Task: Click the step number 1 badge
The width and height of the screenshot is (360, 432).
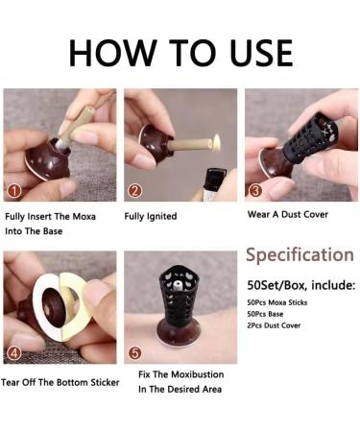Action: [14, 191]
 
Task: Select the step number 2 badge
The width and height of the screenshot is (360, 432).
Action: [134, 191]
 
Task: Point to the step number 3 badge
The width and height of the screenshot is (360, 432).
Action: [255, 191]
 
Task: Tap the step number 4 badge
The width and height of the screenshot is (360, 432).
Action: [14, 353]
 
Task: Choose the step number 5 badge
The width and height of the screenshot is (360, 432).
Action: [134, 353]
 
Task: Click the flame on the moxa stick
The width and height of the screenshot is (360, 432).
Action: [217, 141]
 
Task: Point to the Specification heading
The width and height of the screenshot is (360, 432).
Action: [300, 255]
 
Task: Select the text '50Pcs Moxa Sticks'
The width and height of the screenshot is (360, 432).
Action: [277, 302]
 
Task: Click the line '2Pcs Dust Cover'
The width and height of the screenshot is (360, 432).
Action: [274, 325]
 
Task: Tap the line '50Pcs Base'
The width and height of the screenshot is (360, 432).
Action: [265, 314]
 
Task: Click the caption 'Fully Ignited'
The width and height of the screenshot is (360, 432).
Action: [151, 217]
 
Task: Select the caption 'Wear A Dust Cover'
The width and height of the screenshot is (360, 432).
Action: [288, 214]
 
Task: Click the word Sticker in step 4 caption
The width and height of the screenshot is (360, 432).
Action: [105, 382]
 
